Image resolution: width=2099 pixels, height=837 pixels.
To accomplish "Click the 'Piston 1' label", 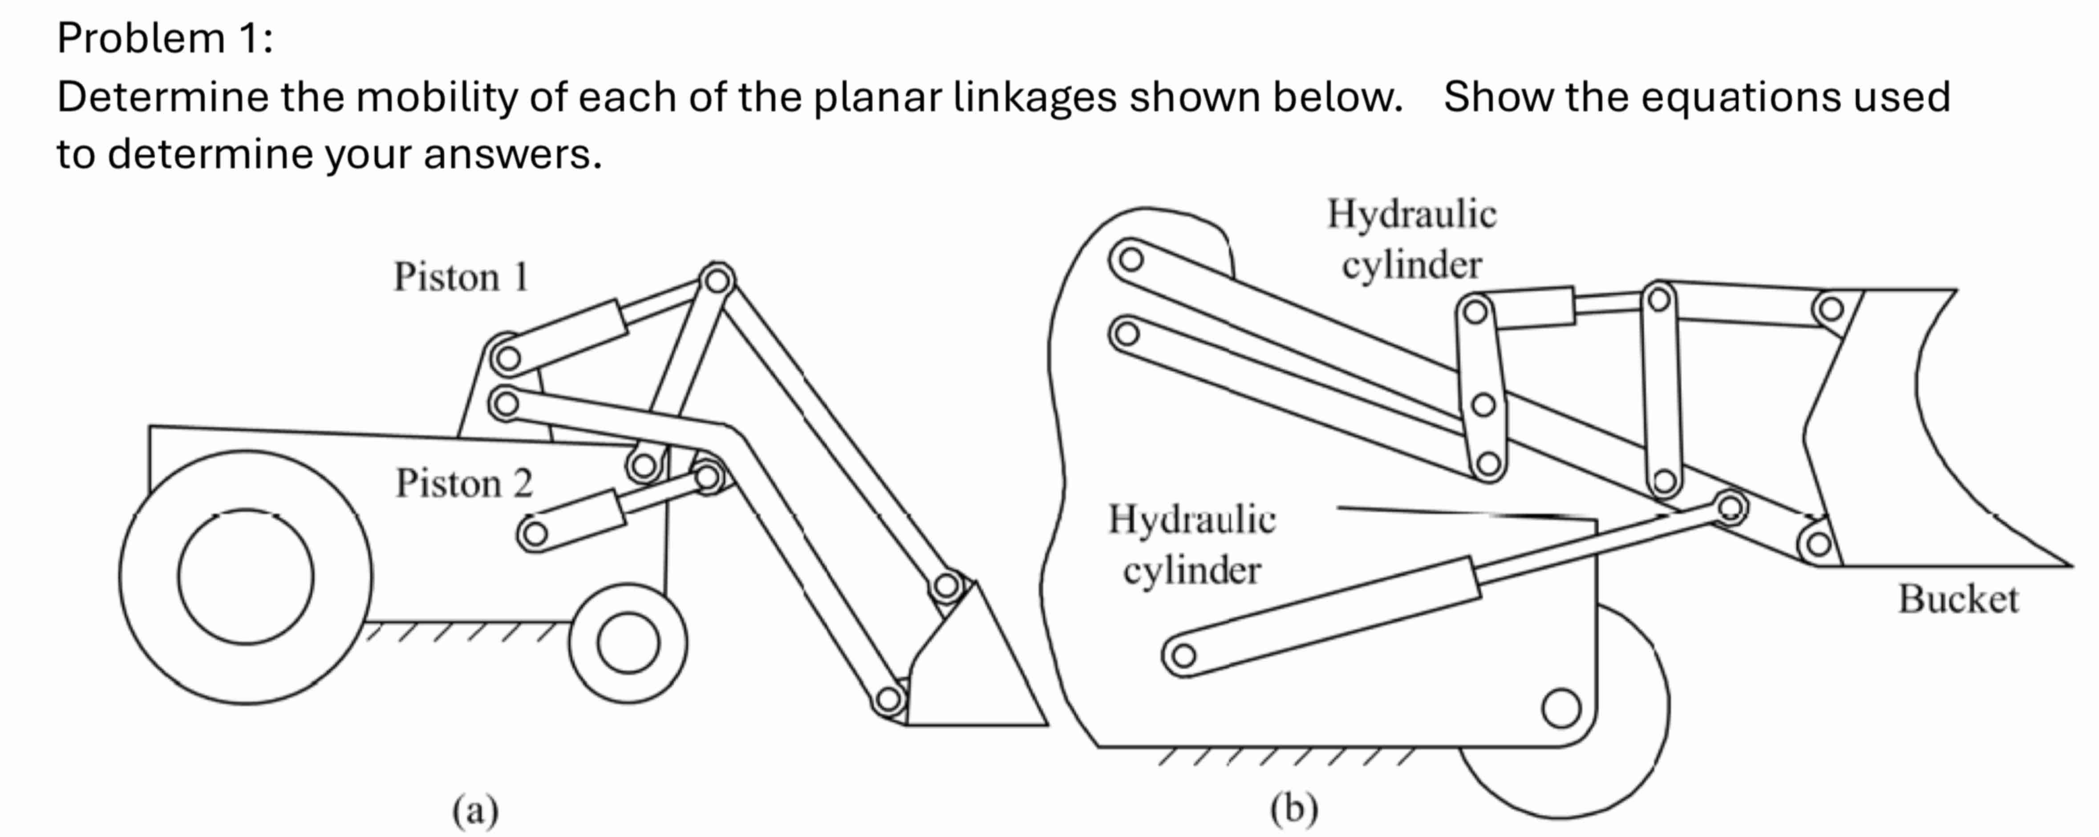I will coord(461,277).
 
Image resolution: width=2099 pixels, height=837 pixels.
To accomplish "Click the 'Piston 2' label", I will coord(464,484).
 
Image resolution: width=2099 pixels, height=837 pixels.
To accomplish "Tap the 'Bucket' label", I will coord(1958,599).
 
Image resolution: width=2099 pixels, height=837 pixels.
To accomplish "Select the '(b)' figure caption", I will coord(1294,809).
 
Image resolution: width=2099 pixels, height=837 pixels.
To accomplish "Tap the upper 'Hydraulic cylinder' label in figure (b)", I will coord(1411,239).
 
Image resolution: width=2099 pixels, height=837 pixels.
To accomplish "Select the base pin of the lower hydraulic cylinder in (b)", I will coord(1183,655).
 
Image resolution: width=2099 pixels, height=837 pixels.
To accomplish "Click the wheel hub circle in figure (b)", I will coord(1560,707).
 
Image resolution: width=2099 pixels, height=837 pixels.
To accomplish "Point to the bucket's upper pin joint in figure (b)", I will coord(1831,309).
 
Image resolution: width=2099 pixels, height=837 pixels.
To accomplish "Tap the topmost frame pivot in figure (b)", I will coord(1130,259).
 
